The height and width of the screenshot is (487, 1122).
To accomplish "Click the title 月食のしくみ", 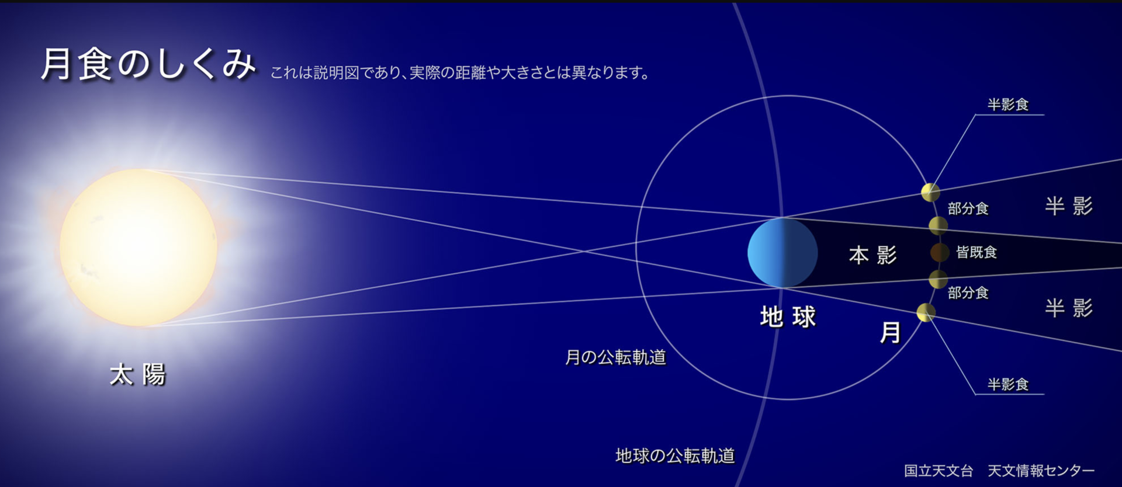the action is [x=148, y=64].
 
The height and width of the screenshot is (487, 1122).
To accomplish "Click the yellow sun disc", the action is [x=138, y=248].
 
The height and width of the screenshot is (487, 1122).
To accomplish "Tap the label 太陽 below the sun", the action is [x=138, y=374].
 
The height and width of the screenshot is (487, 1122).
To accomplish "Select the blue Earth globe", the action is [x=782, y=253].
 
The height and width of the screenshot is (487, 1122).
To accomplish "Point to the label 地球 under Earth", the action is [x=788, y=317].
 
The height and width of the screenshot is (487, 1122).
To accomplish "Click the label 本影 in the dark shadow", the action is [x=872, y=255].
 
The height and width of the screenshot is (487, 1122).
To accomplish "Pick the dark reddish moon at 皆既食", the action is [x=940, y=252].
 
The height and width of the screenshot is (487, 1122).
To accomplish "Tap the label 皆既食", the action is [x=976, y=252].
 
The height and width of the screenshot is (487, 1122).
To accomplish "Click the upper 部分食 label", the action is [x=968, y=208].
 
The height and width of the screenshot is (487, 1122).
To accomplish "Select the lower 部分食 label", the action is [x=968, y=293].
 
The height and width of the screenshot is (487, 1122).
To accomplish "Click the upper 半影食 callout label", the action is [x=1008, y=105].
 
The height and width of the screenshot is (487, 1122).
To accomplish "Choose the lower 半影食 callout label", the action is [x=1008, y=384].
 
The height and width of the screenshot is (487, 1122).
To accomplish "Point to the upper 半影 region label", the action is [x=1069, y=206].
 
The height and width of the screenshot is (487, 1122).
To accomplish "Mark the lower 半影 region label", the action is [x=1069, y=308].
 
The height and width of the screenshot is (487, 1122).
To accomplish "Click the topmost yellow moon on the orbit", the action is [x=930, y=192].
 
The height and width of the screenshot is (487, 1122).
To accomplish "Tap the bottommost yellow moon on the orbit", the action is [x=926, y=312].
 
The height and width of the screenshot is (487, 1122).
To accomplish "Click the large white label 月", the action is [x=890, y=333].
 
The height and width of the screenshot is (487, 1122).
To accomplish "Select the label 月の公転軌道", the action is [x=615, y=357].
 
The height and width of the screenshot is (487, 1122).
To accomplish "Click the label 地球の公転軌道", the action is [x=675, y=455].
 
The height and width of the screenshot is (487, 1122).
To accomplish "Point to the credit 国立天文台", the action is [x=939, y=471].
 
